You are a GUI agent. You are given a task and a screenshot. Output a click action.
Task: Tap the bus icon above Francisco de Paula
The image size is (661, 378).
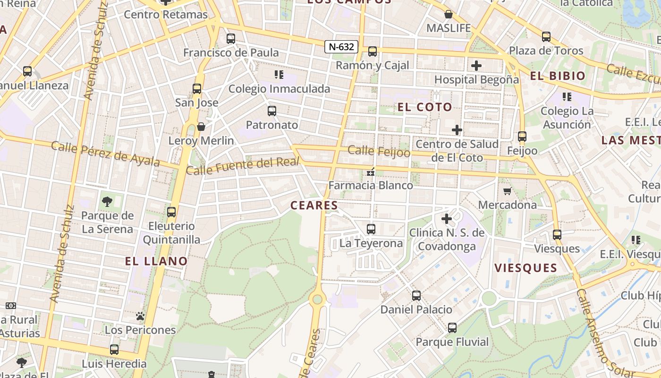(231, 39)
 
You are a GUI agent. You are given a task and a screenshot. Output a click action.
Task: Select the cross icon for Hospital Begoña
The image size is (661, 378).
(476, 66)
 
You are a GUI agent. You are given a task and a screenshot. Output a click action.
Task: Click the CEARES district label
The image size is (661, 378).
(314, 206)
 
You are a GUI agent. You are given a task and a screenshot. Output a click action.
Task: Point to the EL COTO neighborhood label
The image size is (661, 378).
(425, 107)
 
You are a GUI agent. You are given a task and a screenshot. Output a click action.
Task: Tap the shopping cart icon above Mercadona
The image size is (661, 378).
(508, 191)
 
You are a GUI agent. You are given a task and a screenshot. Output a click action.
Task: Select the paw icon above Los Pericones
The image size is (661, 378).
(140, 316)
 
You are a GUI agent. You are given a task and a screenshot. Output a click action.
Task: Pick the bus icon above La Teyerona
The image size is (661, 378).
(371, 229)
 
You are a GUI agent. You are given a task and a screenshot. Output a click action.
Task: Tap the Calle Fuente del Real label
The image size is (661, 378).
(243, 166)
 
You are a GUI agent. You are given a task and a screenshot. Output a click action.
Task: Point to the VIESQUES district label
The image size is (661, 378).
(525, 268)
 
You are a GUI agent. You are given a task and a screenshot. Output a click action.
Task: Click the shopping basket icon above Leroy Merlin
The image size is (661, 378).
(201, 127)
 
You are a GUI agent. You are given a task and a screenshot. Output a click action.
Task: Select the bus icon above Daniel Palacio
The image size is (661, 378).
(416, 296)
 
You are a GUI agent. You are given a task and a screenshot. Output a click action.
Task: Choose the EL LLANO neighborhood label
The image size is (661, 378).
(156, 261)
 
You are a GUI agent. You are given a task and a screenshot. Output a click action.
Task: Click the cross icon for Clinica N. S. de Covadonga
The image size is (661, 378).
(446, 219)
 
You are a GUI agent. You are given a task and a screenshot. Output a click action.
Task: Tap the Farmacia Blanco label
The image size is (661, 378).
(371, 185)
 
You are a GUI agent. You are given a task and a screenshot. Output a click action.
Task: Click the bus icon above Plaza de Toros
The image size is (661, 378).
(546, 36)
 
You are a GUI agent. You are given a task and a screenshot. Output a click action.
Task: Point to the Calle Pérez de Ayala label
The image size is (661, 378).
(105, 154)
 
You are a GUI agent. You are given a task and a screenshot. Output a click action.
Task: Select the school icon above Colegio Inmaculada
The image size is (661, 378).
(279, 74)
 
